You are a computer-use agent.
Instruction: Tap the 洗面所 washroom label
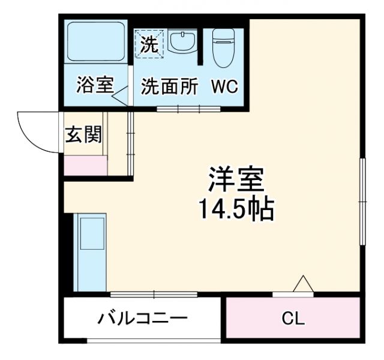pos(170,86)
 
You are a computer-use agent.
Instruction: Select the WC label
pos(224,86)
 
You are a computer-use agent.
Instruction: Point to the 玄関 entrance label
pos(83,135)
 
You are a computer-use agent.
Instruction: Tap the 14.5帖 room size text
pos(236,209)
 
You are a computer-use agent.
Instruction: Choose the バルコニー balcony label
pos(143,318)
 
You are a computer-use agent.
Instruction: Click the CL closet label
pos(293,318)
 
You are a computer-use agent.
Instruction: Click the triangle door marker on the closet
pos(302,284)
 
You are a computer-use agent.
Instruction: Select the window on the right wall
pos(362,201)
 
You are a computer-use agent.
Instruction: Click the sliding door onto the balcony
pos(154,294)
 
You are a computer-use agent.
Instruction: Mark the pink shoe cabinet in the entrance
pos(86,165)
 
